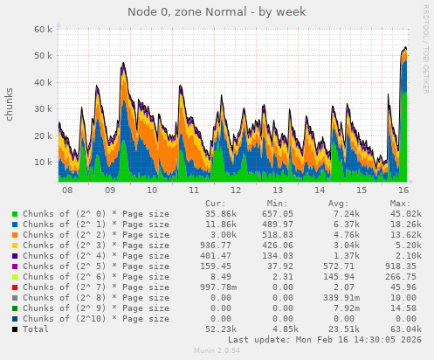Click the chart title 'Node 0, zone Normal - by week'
[x=217, y=11]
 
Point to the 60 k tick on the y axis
[x=42, y=29]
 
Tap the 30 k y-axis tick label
[x=42, y=109]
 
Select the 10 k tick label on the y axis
[x=42, y=163]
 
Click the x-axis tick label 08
[x=67, y=190]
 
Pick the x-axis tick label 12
[x=236, y=190]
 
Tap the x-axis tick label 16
[x=403, y=190]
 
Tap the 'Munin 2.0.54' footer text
[x=217, y=351]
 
